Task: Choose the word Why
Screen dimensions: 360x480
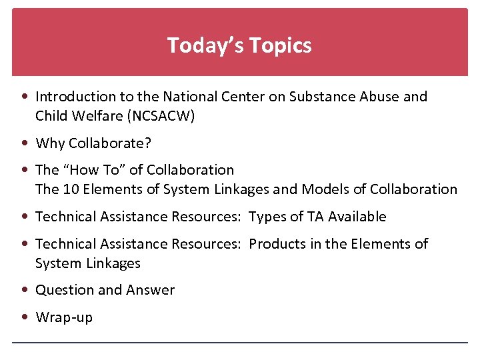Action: coord(49,143)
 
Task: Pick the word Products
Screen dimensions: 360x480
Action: coord(276,244)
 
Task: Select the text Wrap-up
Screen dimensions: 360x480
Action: coord(64,318)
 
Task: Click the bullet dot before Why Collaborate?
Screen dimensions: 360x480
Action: coord(25,143)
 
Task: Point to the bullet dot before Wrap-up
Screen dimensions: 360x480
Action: coord(25,317)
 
